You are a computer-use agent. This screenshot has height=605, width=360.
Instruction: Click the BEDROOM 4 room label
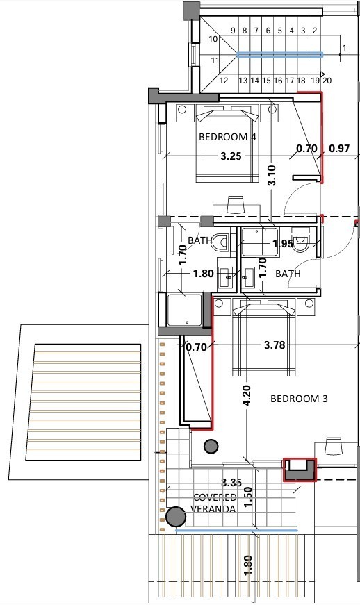click(x=227, y=137)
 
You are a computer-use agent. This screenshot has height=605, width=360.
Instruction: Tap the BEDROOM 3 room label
click(x=298, y=399)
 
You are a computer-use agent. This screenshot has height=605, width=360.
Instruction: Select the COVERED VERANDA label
click(x=214, y=503)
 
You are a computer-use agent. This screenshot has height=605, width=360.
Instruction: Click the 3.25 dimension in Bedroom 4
click(x=231, y=156)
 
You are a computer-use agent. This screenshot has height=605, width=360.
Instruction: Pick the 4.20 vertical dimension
click(x=247, y=396)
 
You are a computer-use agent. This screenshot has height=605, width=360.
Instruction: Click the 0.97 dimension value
click(x=339, y=148)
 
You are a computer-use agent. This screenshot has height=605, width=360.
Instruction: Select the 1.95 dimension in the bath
click(x=282, y=244)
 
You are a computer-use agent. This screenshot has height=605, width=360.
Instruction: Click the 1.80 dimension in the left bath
click(x=203, y=274)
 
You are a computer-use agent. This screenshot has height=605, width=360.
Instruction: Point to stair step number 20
click(x=327, y=81)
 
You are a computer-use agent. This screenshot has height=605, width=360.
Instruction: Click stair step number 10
click(x=213, y=39)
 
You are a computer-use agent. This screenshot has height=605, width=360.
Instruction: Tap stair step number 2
click(x=315, y=31)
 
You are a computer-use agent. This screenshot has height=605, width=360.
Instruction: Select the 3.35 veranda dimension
click(x=231, y=481)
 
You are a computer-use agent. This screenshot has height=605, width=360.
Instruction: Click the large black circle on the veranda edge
click(x=175, y=517)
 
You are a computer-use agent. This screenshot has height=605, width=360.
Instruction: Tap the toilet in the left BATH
click(x=221, y=243)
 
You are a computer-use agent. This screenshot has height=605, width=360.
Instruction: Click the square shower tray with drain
click(x=184, y=310)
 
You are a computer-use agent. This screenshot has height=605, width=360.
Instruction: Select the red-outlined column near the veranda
click(x=299, y=470)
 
